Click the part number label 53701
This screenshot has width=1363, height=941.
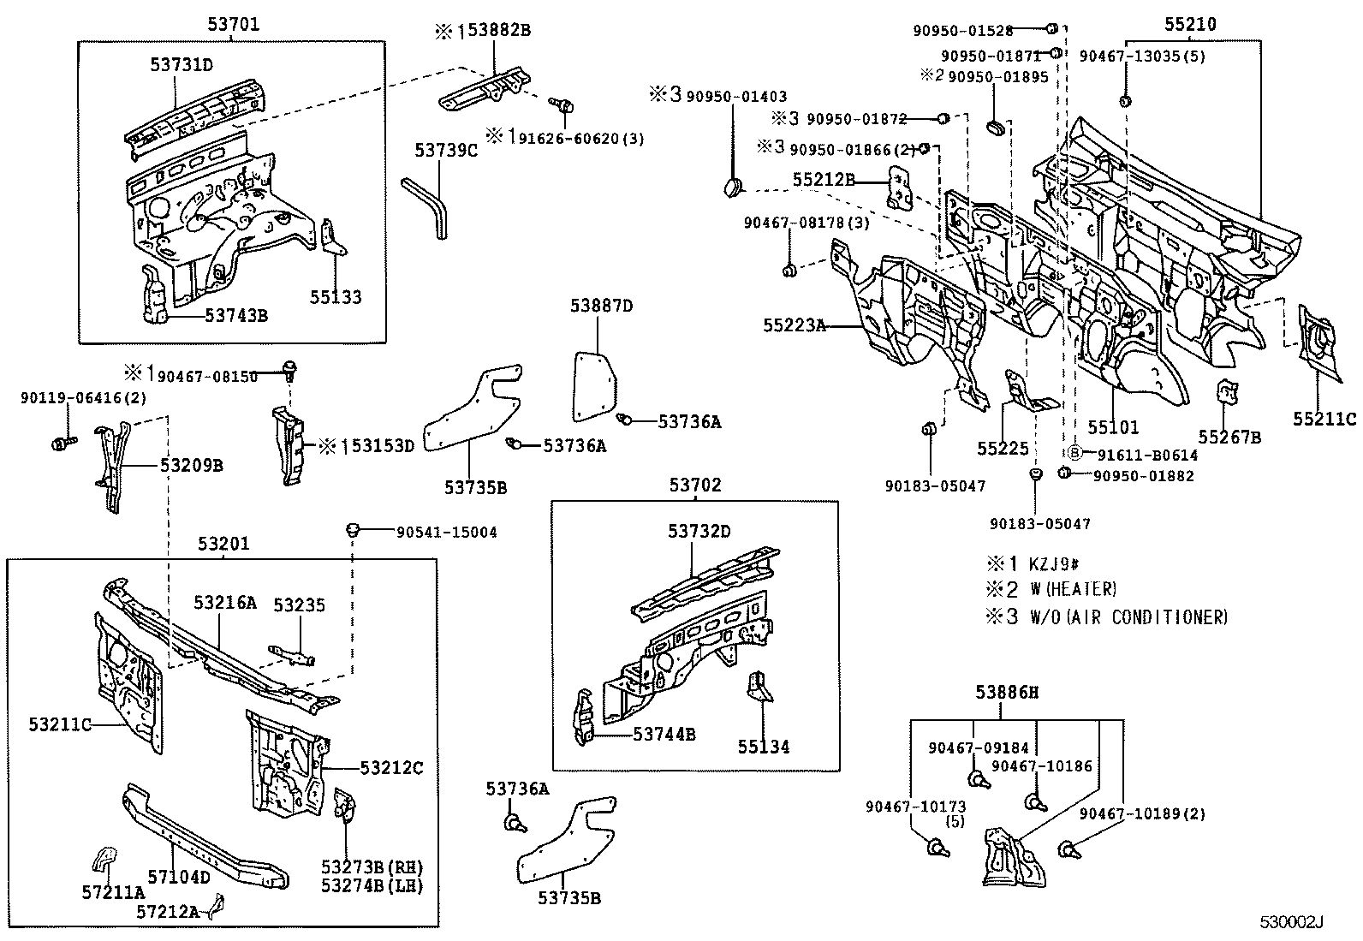click(232, 25)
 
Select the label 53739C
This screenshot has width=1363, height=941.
click(445, 151)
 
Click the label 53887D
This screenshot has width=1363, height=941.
click(601, 306)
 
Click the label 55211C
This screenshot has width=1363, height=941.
click(1324, 419)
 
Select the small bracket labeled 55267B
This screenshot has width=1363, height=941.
click(1226, 395)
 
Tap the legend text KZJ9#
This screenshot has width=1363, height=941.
click(1054, 563)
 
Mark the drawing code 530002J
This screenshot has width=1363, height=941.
click(1291, 922)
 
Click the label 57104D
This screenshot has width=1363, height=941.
click(178, 877)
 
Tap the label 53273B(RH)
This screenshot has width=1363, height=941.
click(372, 867)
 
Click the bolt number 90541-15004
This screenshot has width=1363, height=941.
click(446, 532)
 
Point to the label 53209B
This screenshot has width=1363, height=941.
click(191, 465)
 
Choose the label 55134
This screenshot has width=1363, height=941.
click(764, 747)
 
